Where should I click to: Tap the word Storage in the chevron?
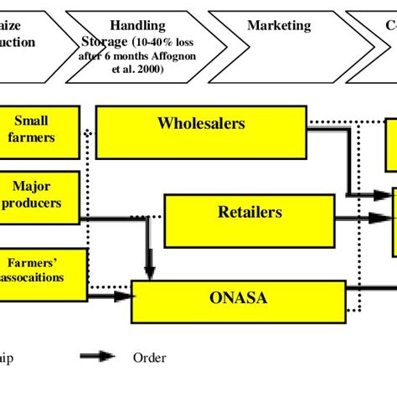click(104, 43)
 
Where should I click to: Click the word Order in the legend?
click(150, 358)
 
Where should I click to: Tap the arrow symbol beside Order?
click(99, 358)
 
